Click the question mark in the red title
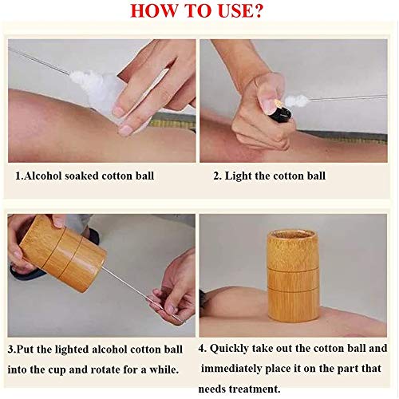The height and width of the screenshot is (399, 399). click(258, 11)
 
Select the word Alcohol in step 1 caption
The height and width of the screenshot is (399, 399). click(43, 176)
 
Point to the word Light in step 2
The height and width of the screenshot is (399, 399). click(239, 176)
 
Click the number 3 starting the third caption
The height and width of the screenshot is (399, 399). click(10, 350)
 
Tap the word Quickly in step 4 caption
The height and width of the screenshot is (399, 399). click(229, 349)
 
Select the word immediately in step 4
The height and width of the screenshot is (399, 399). click(231, 369)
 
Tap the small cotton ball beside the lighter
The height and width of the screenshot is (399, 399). click(298, 101)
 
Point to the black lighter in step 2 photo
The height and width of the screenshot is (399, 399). click(281, 114)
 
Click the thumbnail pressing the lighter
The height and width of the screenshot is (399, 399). click(269, 103)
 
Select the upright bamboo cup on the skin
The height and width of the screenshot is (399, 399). click(293, 276)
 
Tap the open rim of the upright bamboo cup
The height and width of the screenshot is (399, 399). click(293, 235)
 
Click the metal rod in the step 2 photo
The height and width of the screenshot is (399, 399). click(348, 97)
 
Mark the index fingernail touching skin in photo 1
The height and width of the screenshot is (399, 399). click(125, 130)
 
